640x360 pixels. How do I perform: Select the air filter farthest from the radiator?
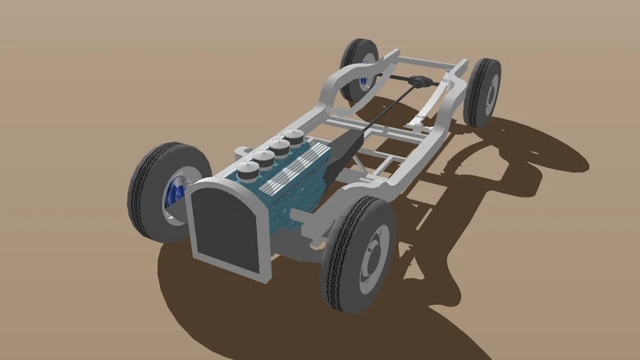point(294,138)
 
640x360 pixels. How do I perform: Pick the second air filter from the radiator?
point(264,158)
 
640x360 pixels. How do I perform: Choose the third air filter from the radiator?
point(280,147)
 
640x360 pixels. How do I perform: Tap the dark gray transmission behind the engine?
point(345,151)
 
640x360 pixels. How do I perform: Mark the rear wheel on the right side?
point(482,92)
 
